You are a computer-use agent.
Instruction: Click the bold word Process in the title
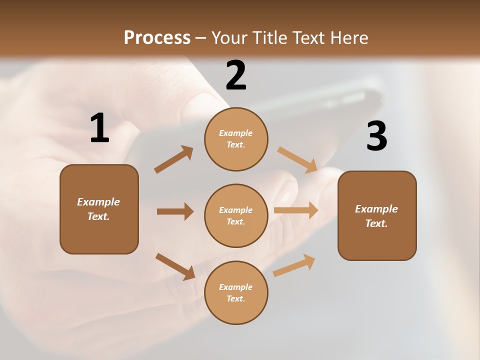(x=157, y=38)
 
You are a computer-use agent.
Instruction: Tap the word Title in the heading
(x=270, y=38)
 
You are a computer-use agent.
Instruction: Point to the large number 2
(x=236, y=75)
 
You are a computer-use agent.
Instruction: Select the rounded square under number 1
(x=99, y=209)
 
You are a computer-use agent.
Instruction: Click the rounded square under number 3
(x=377, y=215)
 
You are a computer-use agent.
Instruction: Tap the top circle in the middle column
(x=236, y=139)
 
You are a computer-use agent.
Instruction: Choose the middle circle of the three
(x=236, y=215)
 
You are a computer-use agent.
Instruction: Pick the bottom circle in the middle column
(x=236, y=292)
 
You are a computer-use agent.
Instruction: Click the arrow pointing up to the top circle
(x=173, y=159)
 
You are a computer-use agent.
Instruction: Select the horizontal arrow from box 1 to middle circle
(x=175, y=211)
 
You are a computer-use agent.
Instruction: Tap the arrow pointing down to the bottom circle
(x=175, y=266)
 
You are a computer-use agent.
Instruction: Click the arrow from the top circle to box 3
(x=297, y=159)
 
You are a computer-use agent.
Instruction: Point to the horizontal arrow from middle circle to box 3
(x=296, y=210)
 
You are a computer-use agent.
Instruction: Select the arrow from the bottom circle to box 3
(x=294, y=265)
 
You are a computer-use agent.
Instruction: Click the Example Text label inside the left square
(x=98, y=209)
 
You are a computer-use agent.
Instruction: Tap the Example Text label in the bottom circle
(x=235, y=292)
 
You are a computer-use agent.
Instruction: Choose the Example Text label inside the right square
(x=376, y=216)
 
